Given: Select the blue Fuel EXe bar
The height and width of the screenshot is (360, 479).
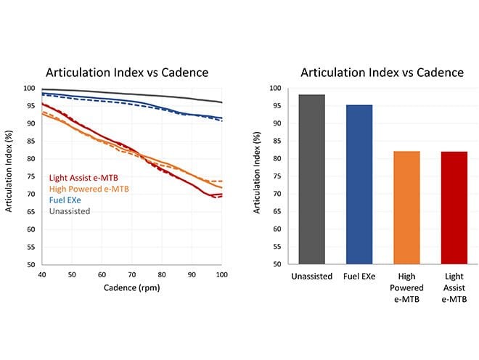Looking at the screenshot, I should (x=359, y=185).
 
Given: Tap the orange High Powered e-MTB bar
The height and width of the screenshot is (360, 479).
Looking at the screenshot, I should (x=406, y=208).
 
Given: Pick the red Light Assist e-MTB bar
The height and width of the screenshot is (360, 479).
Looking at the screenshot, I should (x=453, y=208).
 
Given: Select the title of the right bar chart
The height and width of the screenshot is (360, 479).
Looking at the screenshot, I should (x=382, y=72).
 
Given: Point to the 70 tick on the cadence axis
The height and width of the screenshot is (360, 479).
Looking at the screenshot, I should (x=132, y=274).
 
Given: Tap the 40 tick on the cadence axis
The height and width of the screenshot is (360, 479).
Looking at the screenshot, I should (x=42, y=274).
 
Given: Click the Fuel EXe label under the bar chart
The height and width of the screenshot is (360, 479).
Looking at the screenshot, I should (x=359, y=277).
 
